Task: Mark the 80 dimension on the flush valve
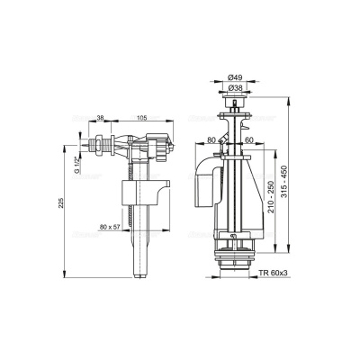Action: point(210,139)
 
